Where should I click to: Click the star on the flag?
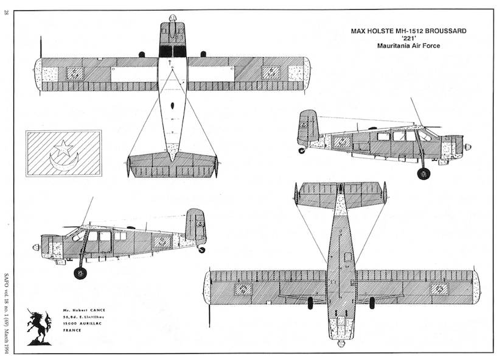click(x=63, y=147)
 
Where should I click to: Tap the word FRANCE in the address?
click(x=72, y=331)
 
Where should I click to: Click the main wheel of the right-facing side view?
click(x=424, y=174)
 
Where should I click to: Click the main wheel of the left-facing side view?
click(x=80, y=273)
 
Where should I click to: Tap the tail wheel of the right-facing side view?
click(x=301, y=150)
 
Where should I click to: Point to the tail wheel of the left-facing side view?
click(x=202, y=250)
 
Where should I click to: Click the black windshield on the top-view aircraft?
click(x=172, y=51)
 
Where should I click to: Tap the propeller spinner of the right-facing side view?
click(x=467, y=147)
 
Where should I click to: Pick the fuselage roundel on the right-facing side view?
click(x=342, y=143)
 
